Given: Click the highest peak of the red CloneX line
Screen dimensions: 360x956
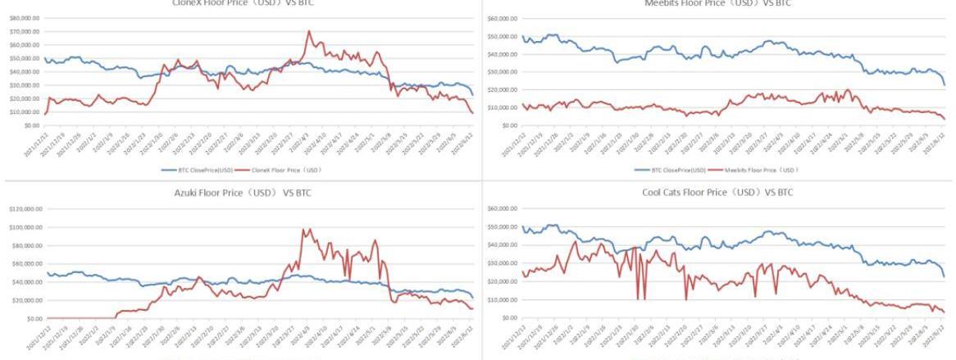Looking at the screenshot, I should coord(308,32).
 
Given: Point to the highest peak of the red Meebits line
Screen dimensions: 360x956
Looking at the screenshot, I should coord(848,89).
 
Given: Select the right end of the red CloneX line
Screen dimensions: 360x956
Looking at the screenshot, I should coord(471,113).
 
